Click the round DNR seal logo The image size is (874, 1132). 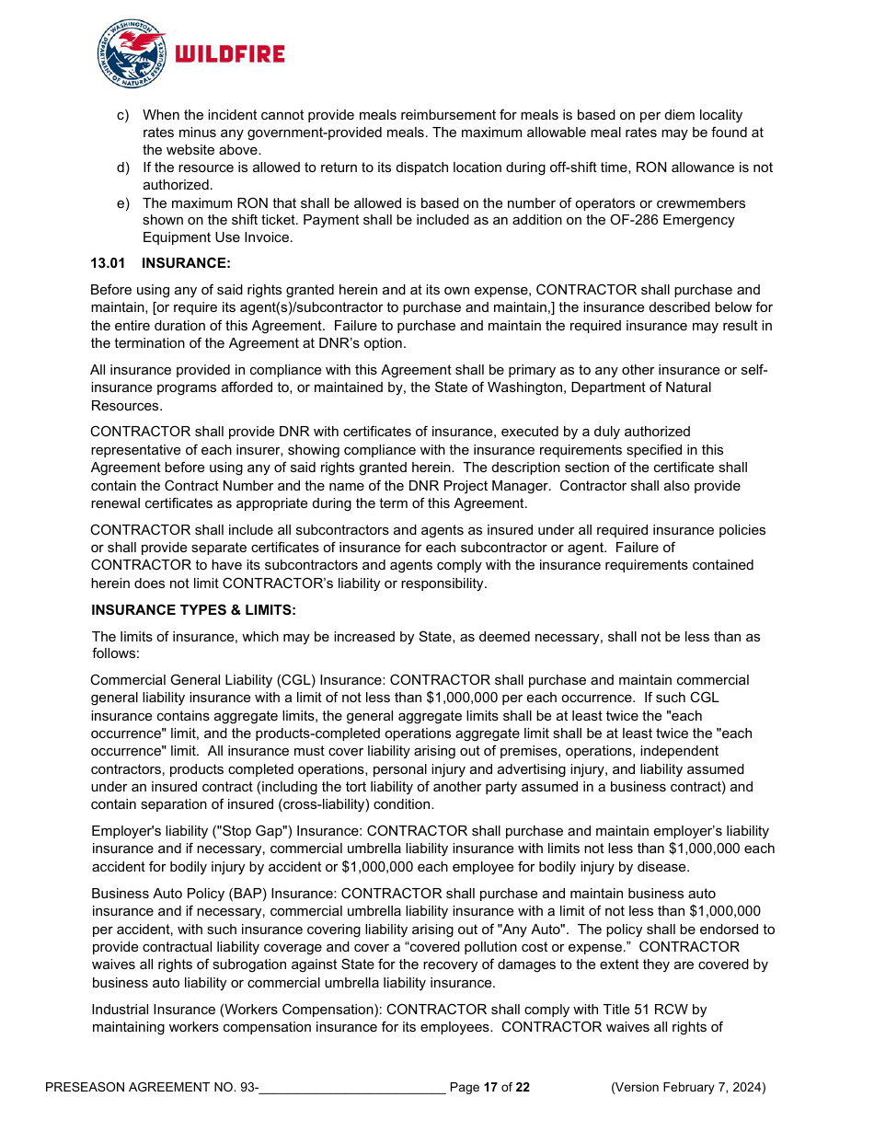click(x=131, y=54)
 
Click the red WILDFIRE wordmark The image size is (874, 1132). click(x=229, y=54)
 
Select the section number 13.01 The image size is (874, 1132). click(x=107, y=263)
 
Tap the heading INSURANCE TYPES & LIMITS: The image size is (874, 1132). click(x=193, y=610)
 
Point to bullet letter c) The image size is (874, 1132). click(x=122, y=115)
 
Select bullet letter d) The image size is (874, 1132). click(x=122, y=167)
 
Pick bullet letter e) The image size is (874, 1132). click(x=122, y=202)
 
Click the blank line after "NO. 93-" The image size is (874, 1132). click(x=352, y=1088)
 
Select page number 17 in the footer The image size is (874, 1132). click(x=490, y=1088)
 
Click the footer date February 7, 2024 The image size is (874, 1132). click(x=715, y=1088)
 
